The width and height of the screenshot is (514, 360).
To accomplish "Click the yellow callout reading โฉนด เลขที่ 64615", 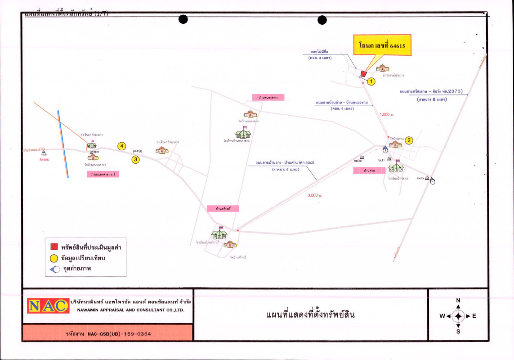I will click(382, 45).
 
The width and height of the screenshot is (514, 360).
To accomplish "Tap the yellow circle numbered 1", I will click(371, 81).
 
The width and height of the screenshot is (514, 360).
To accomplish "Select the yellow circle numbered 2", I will click(409, 140).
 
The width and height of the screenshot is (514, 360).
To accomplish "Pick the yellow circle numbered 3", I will click(135, 159).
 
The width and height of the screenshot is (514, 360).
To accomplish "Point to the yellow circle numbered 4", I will click(121, 146).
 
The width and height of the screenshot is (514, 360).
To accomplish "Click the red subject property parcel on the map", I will click(363, 73).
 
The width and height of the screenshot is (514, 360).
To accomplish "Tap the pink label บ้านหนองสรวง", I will click(268, 97).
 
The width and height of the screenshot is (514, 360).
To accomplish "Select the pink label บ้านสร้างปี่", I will click(223, 209).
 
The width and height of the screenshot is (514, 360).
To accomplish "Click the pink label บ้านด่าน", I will click(370, 171).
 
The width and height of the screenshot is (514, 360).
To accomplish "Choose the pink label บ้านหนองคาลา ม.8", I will click(104, 174).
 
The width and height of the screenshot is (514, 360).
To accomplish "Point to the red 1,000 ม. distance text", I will click(387, 115).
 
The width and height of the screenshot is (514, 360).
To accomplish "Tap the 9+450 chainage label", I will click(138, 151).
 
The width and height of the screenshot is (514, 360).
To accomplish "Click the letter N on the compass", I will click(458, 301).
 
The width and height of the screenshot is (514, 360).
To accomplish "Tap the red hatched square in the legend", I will click(54, 247).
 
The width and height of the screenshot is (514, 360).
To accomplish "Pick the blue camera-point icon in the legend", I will click(54, 270).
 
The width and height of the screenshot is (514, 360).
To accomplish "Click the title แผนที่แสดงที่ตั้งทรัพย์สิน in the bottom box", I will click(311, 315).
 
